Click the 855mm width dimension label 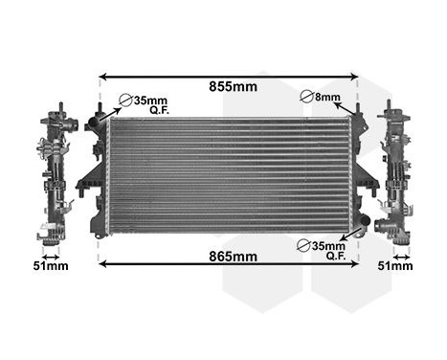[x=234, y=86]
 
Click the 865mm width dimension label [x=234, y=256]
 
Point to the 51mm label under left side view [x=51, y=265]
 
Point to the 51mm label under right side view [x=395, y=265]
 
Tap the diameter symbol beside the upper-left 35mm [x=124, y=100]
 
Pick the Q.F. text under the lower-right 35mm [x=336, y=256]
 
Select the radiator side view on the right [x=395, y=172]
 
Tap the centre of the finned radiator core [x=233, y=174]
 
